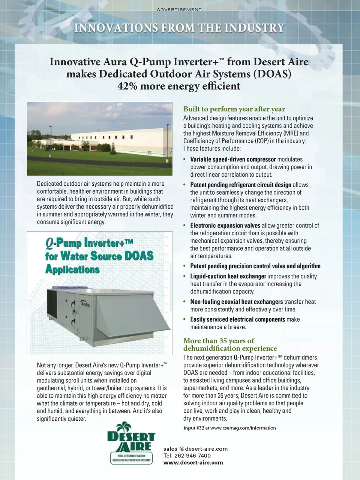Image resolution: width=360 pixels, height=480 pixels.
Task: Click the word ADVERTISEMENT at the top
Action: coord(179,9)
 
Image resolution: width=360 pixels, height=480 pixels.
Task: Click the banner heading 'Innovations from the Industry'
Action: coord(179,28)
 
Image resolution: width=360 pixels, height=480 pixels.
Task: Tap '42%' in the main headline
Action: coord(126,86)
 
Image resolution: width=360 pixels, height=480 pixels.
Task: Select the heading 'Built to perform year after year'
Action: coord(234,109)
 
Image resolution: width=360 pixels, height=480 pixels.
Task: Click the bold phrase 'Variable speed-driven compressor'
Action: coord(233,159)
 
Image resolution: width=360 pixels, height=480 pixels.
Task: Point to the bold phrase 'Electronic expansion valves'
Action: coord(225,226)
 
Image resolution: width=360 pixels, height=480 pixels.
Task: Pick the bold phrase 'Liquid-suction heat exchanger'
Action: coord(228,276)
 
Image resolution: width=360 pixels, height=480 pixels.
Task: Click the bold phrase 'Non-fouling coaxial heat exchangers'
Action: coord(236,302)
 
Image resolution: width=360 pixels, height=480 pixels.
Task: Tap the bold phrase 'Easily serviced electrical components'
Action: coord(237,319)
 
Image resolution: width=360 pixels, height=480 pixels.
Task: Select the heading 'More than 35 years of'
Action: coord(219,341)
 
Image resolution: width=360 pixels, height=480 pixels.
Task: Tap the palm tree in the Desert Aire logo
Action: coord(124,427)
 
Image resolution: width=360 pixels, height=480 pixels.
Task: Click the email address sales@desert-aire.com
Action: coord(195,449)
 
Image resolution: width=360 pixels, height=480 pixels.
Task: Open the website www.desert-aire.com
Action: coord(193,463)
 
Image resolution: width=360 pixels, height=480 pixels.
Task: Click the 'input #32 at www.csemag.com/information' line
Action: coord(229,428)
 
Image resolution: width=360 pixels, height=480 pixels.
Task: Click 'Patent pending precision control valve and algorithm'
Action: coord(255,266)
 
